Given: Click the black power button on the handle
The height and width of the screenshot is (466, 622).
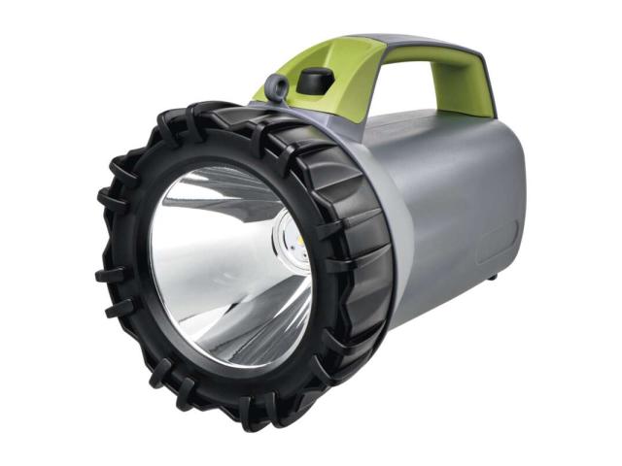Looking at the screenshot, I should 310,83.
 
